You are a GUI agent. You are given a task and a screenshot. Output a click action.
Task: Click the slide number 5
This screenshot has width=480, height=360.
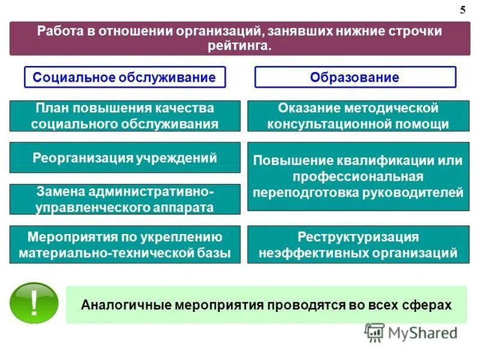pyautogui.click(x=462, y=10)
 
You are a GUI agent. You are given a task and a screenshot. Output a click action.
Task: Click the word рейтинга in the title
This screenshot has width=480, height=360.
pyautogui.click(x=239, y=46)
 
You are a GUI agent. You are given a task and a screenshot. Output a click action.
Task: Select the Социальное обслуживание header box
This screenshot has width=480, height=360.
pyautogui.click(x=124, y=77)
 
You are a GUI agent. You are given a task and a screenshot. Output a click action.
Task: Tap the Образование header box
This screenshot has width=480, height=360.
pyautogui.click(x=355, y=77)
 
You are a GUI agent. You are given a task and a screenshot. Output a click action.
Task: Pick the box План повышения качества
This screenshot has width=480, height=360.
pyautogui.click(x=125, y=116)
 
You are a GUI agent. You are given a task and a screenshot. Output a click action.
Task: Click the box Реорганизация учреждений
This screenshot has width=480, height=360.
pyautogui.click(x=125, y=158)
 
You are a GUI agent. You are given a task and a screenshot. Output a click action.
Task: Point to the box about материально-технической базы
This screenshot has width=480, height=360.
pyautogui.click(x=125, y=244)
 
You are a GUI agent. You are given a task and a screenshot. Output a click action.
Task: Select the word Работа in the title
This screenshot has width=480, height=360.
pyautogui.click(x=56, y=31)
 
